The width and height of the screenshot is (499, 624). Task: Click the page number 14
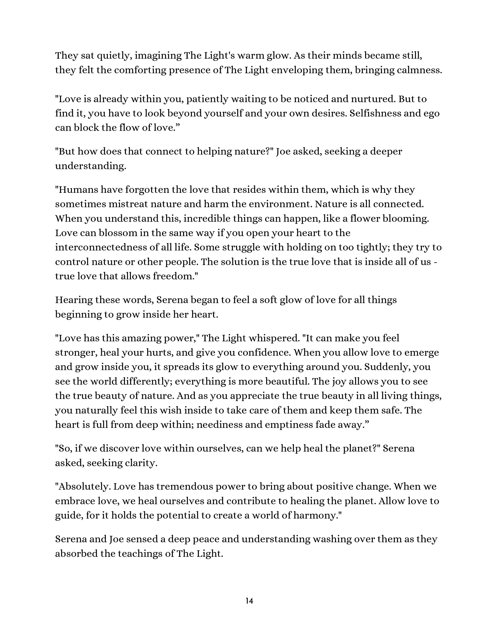(x=249, y=601)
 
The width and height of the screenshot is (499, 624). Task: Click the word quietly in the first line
(x=115, y=56)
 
